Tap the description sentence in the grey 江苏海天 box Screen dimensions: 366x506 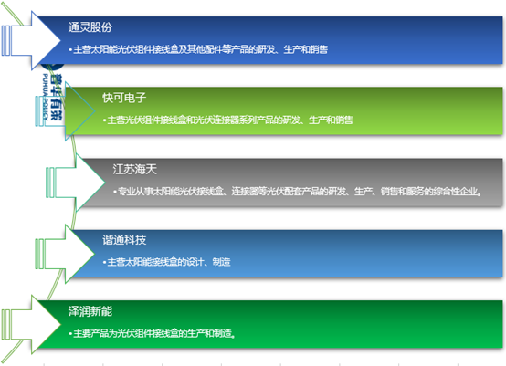[298, 192]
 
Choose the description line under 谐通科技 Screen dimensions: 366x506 [168, 262]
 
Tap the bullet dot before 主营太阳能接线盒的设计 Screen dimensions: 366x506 [104, 263]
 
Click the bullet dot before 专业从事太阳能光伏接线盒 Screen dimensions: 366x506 [112, 193]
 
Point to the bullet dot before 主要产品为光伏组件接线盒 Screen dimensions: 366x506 [70, 334]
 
